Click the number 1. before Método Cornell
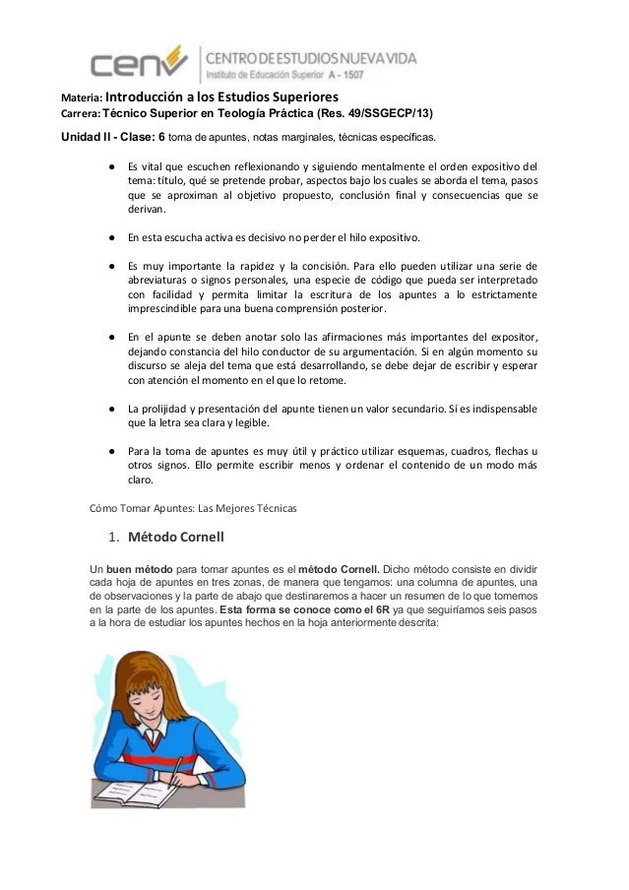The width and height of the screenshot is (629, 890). pos(114,537)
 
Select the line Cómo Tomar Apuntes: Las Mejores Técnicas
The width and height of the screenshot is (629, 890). pos(186,508)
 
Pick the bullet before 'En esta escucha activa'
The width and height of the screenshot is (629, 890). pos(111,238)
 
